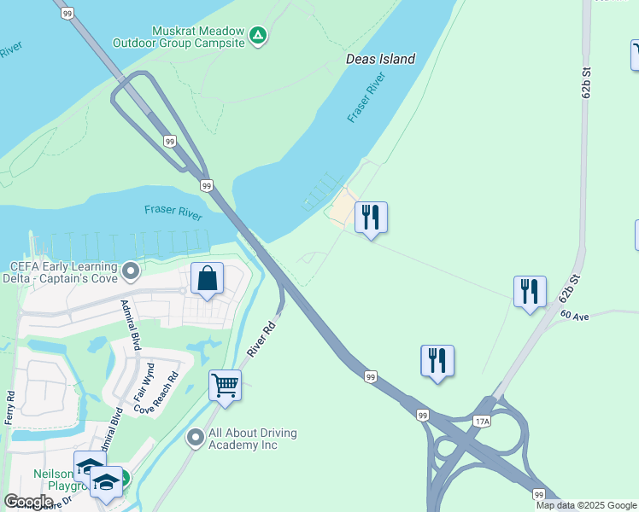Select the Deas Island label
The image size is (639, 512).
(380, 59)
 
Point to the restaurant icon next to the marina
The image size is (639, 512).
(371, 218)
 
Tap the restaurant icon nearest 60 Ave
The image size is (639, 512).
(530, 292)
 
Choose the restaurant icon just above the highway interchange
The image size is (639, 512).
(437, 361)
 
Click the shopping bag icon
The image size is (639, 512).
(207, 278)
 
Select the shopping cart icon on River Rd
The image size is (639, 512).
(225, 385)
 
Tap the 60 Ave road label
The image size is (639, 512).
(575, 316)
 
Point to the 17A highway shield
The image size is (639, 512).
(482, 421)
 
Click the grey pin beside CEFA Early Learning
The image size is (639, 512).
(131, 271)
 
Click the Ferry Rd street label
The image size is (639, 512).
(10, 408)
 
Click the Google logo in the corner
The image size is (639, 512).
(29, 502)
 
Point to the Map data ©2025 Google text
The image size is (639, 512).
(586, 505)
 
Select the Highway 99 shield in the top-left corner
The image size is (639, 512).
(67, 13)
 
